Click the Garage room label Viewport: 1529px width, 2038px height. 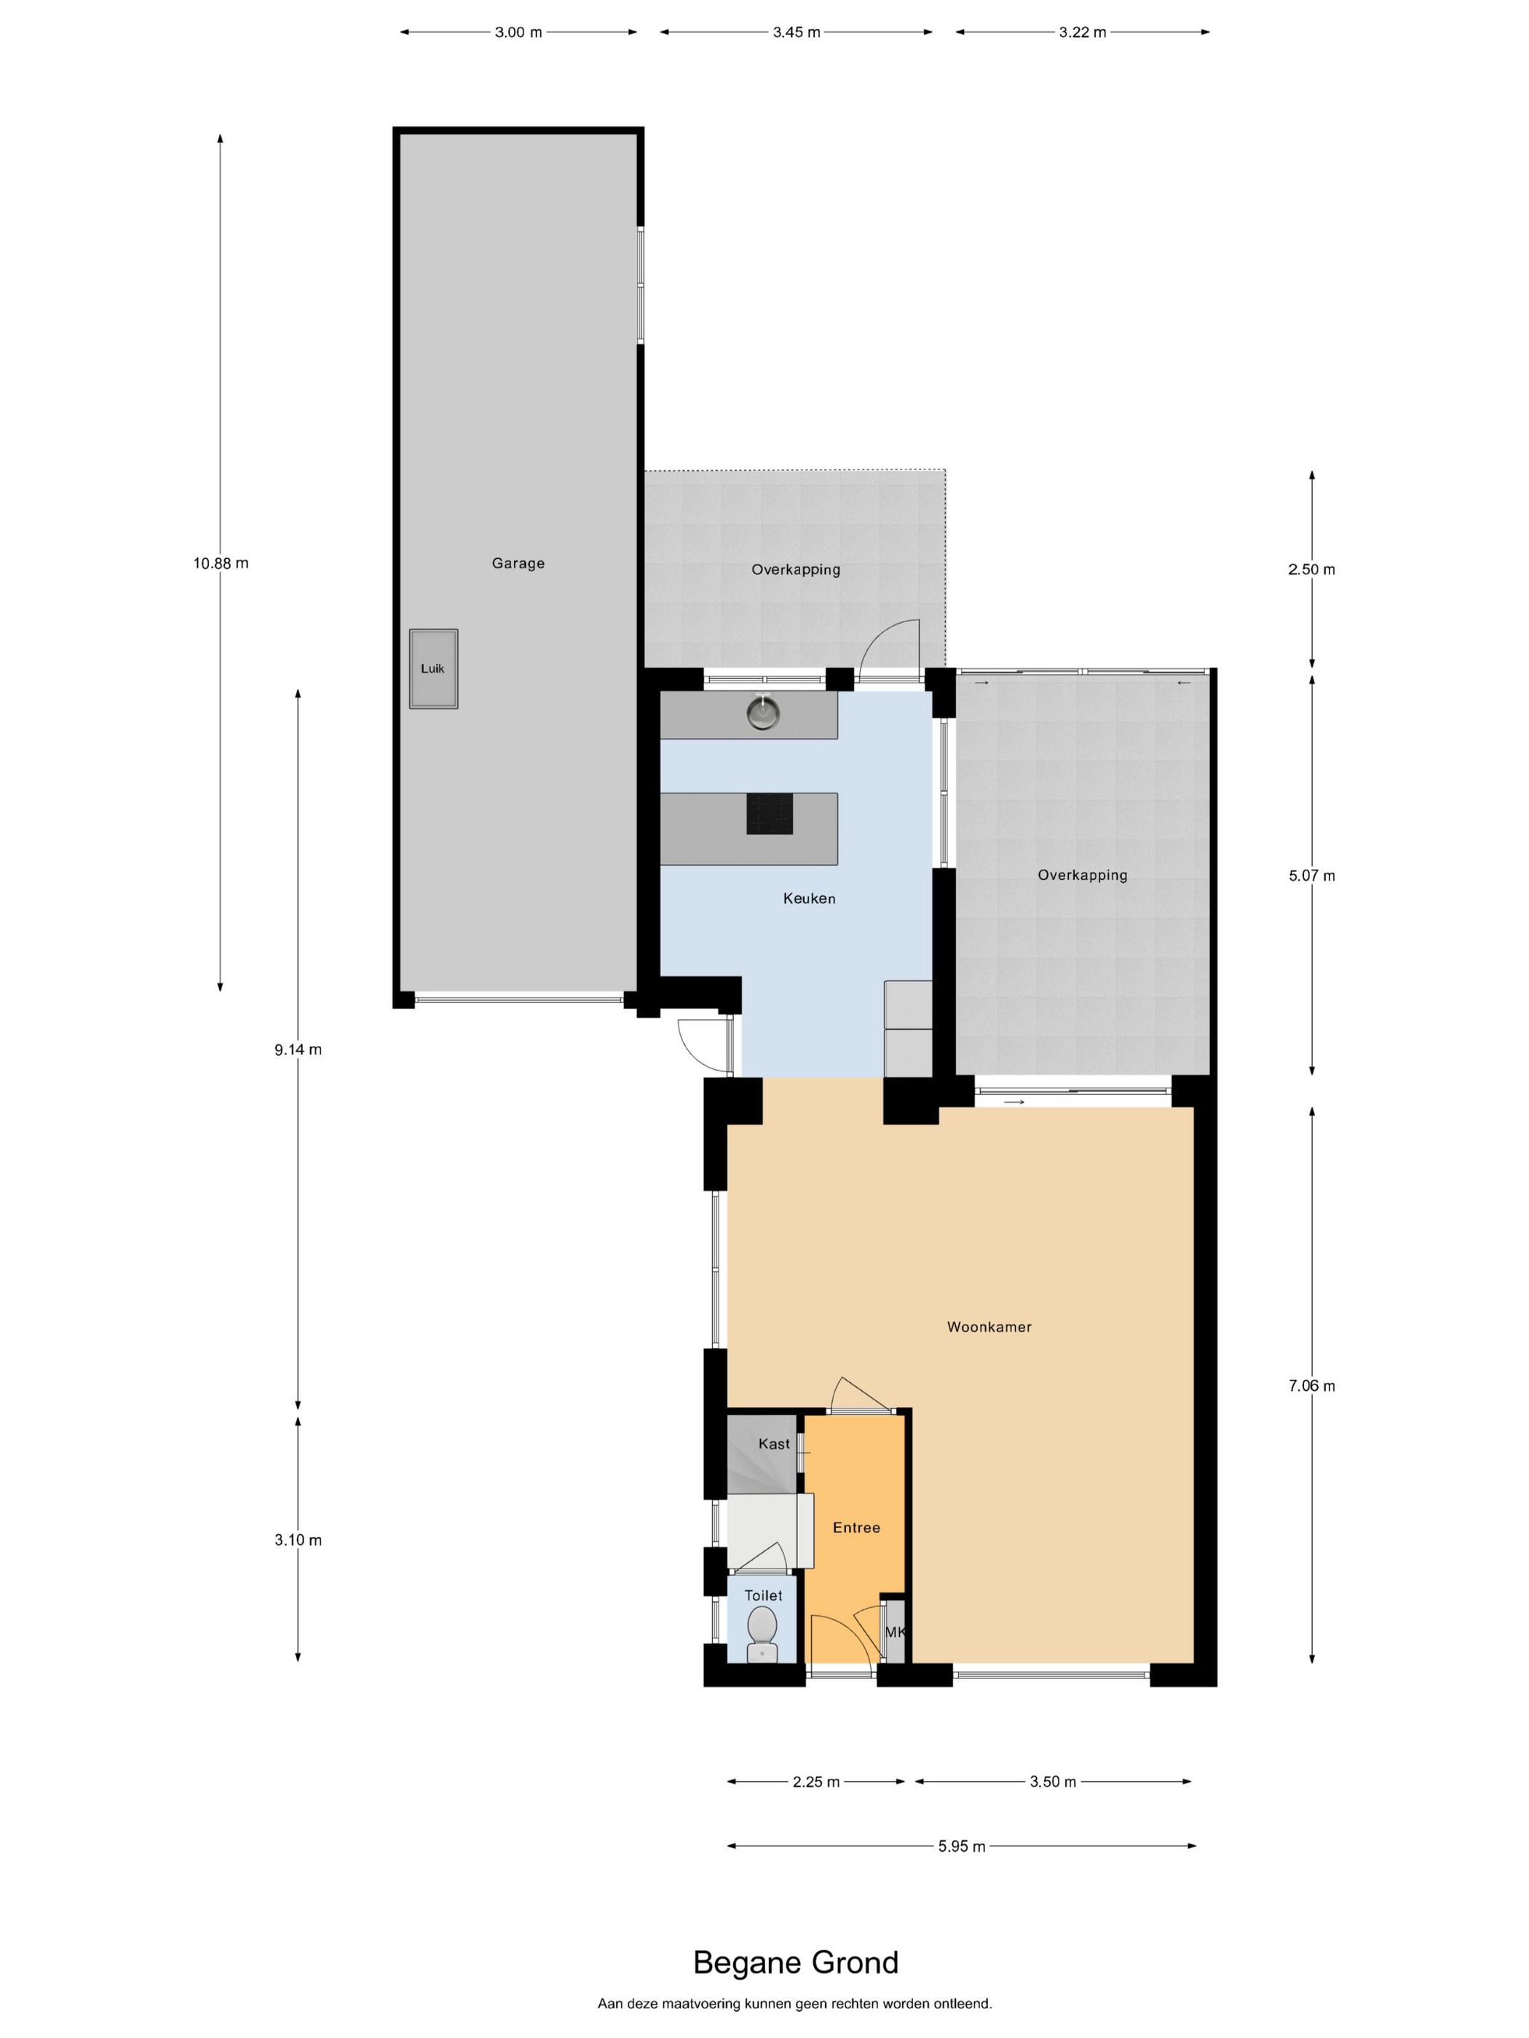pos(518,563)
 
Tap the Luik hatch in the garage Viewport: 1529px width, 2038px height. pos(433,669)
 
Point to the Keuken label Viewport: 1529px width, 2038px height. pos(809,898)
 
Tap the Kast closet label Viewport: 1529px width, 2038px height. pos(774,1444)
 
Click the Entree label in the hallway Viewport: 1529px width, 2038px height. pos(856,1528)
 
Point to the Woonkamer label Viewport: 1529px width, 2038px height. pos(989,1327)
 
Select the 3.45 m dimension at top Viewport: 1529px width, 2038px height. pos(797,32)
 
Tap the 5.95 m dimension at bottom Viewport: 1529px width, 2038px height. pos(961,1845)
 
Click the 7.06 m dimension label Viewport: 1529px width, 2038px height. pos(1311,1386)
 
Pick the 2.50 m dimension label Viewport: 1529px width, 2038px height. pos(1311,569)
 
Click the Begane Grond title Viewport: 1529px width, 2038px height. pos(795,1962)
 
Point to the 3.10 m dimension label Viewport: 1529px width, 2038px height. pos(298,1539)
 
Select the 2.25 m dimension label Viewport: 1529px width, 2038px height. pos(815,1782)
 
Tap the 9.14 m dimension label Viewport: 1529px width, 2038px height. pos(298,1050)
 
